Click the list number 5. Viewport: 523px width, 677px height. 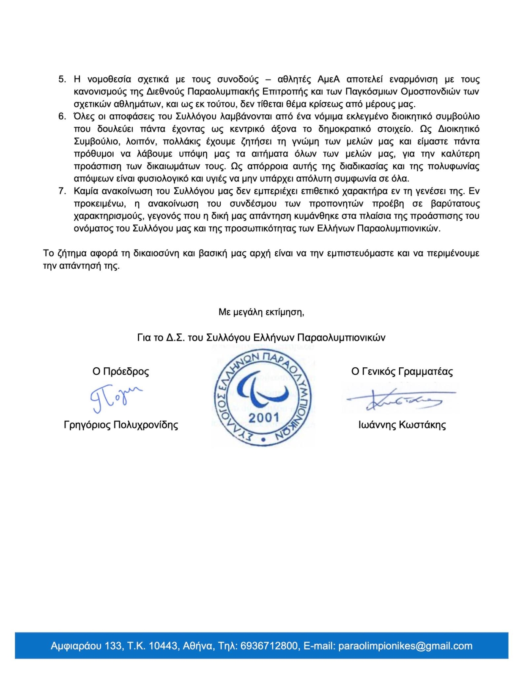pos(62,80)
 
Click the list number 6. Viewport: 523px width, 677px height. pos(62,116)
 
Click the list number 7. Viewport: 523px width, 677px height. pos(62,191)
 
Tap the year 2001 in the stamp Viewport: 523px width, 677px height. pos(264,418)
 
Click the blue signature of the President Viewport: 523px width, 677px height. pos(115,398)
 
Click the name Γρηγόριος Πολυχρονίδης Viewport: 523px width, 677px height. pos(121,425)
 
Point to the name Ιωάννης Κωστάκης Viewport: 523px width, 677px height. pos(402,425)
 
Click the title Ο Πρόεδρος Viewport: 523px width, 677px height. pos(120,372)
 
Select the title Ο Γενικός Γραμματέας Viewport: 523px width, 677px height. pos(402,372)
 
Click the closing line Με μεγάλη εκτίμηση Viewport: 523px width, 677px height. pos(261,312)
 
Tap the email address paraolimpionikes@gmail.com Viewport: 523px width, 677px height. pos(405,646)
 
